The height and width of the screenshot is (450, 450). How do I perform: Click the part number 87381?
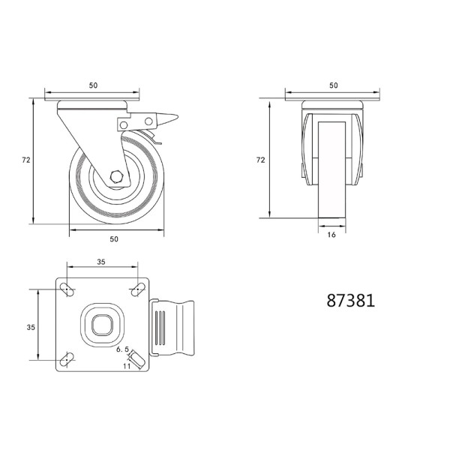click(350, 301)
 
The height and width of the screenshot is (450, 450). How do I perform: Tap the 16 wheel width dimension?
click(331, 235)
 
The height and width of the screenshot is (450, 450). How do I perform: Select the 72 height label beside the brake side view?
click(25, 160)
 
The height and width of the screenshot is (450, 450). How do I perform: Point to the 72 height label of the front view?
click(260, 160)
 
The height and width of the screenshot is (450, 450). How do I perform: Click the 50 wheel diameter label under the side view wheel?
click(114, 238)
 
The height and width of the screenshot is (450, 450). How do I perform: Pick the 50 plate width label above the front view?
click(333, 85)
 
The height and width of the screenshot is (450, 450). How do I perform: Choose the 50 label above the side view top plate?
click(93, 85)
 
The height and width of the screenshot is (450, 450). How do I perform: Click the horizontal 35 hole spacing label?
click(101, 262)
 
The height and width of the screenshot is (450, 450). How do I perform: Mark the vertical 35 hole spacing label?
click(31, 327)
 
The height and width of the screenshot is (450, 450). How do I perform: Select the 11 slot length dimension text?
click(127, 366)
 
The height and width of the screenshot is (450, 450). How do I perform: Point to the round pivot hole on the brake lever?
click(149, 121)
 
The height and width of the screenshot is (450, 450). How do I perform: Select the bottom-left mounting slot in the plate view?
click(67, 360)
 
